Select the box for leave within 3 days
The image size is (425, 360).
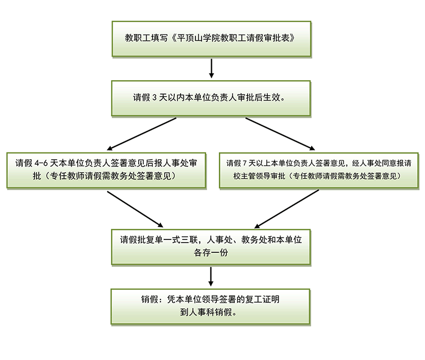[x=211, y=98]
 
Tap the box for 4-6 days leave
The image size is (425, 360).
[x=106, y=169]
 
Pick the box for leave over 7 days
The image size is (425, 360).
[x=319, y=169]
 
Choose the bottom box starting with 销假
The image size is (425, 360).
[x=211, y=306]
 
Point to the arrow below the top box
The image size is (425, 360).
[x=211, y=67]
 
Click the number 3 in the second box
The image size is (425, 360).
[x=154, y=98]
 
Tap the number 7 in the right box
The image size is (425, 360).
[x=245, y=163]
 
